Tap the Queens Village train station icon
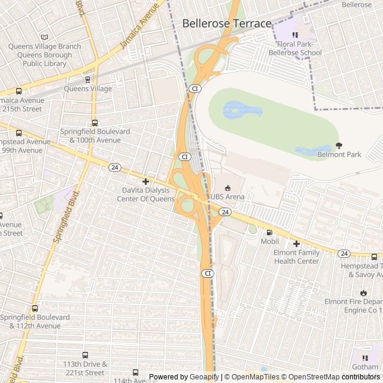(x=88, y=79)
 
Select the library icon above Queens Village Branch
(x=45, y=37)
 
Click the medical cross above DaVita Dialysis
(x=145, y=181)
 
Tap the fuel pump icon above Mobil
(x=269, y=232)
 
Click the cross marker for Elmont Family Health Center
(x=296, y=244)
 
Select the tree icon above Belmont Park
(x=339, y=145)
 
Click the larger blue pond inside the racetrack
(x=242, y=110)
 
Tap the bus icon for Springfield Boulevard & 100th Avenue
(x=95, y=123)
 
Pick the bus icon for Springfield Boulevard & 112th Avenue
(x=35, y=309)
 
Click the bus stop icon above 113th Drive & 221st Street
(x=85, y=355)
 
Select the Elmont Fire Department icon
(x=361, y=291)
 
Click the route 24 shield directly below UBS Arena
(x=224, y=212)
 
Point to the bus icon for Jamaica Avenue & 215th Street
(x=19, y=92)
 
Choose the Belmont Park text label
(x=339, y=154)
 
